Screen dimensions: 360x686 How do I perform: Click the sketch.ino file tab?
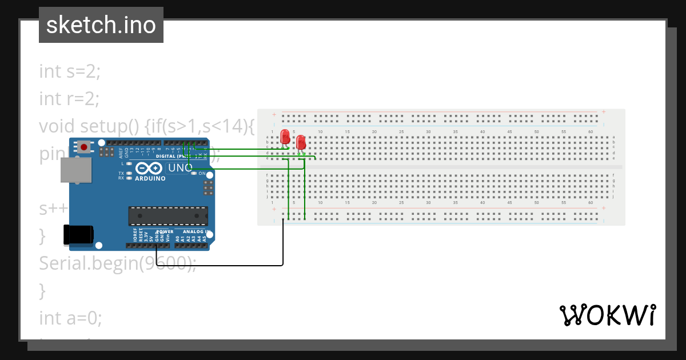pos(101,25)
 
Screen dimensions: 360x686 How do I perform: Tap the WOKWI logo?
pos(607,315)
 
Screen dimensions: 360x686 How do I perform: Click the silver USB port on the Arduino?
pos(76,170)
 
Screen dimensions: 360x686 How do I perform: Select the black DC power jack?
pos(78,234)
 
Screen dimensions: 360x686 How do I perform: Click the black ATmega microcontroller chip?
pos(167,216)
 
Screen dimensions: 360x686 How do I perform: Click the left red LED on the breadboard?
pos(285,137)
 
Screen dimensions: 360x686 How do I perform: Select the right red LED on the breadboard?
pos(301,142)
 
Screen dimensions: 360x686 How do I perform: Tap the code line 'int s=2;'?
pos(70,71)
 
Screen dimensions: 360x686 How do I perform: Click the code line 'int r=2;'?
pos(69,98)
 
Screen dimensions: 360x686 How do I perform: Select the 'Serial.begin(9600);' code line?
pos(118,263)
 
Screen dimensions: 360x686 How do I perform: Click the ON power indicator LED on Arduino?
pos(194,173)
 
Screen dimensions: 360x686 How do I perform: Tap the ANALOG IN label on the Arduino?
pos(196,231)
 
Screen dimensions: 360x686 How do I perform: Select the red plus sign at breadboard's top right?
pos(604,112)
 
